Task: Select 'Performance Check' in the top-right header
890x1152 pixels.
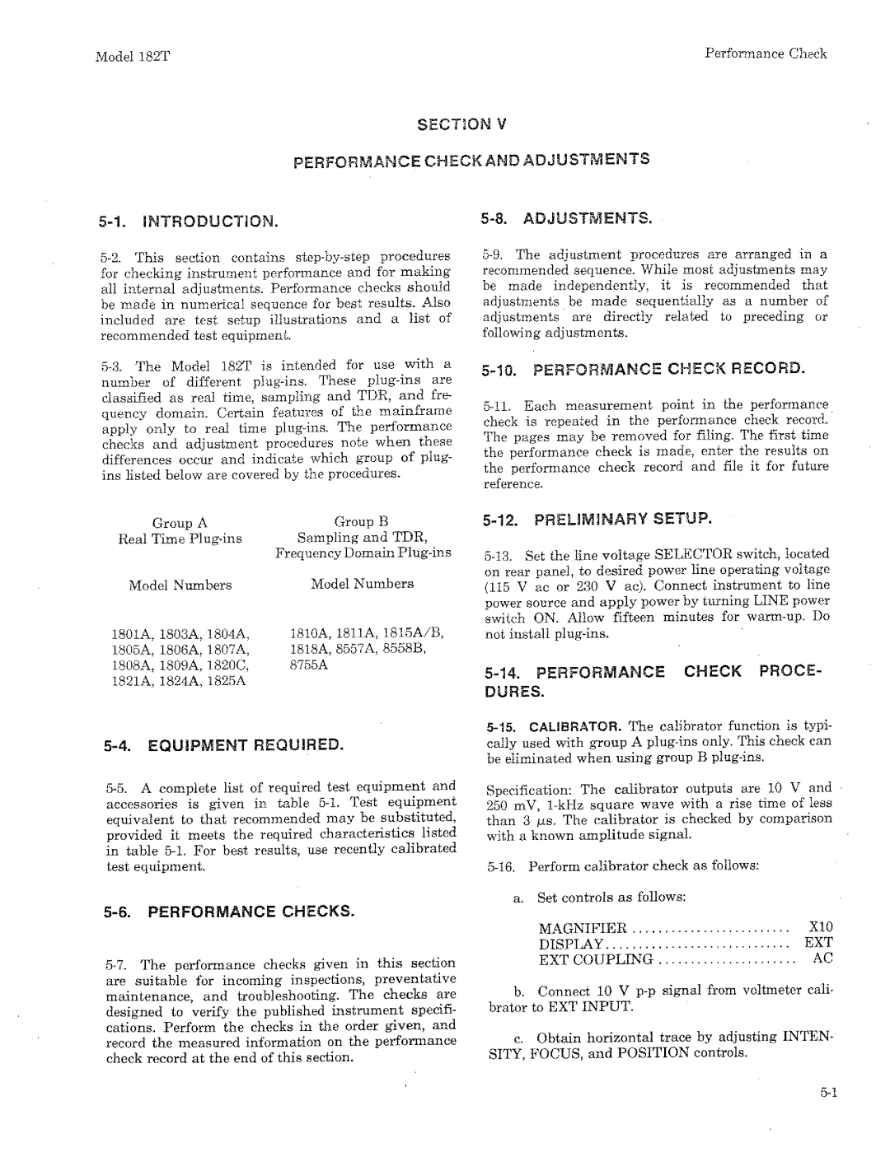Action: [766, 54]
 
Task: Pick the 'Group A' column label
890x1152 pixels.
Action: [179, 523]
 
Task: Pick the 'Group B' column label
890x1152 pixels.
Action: [360, 521]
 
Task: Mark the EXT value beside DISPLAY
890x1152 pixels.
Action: [819, 943]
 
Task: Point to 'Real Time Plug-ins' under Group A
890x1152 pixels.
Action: [180, 539]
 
